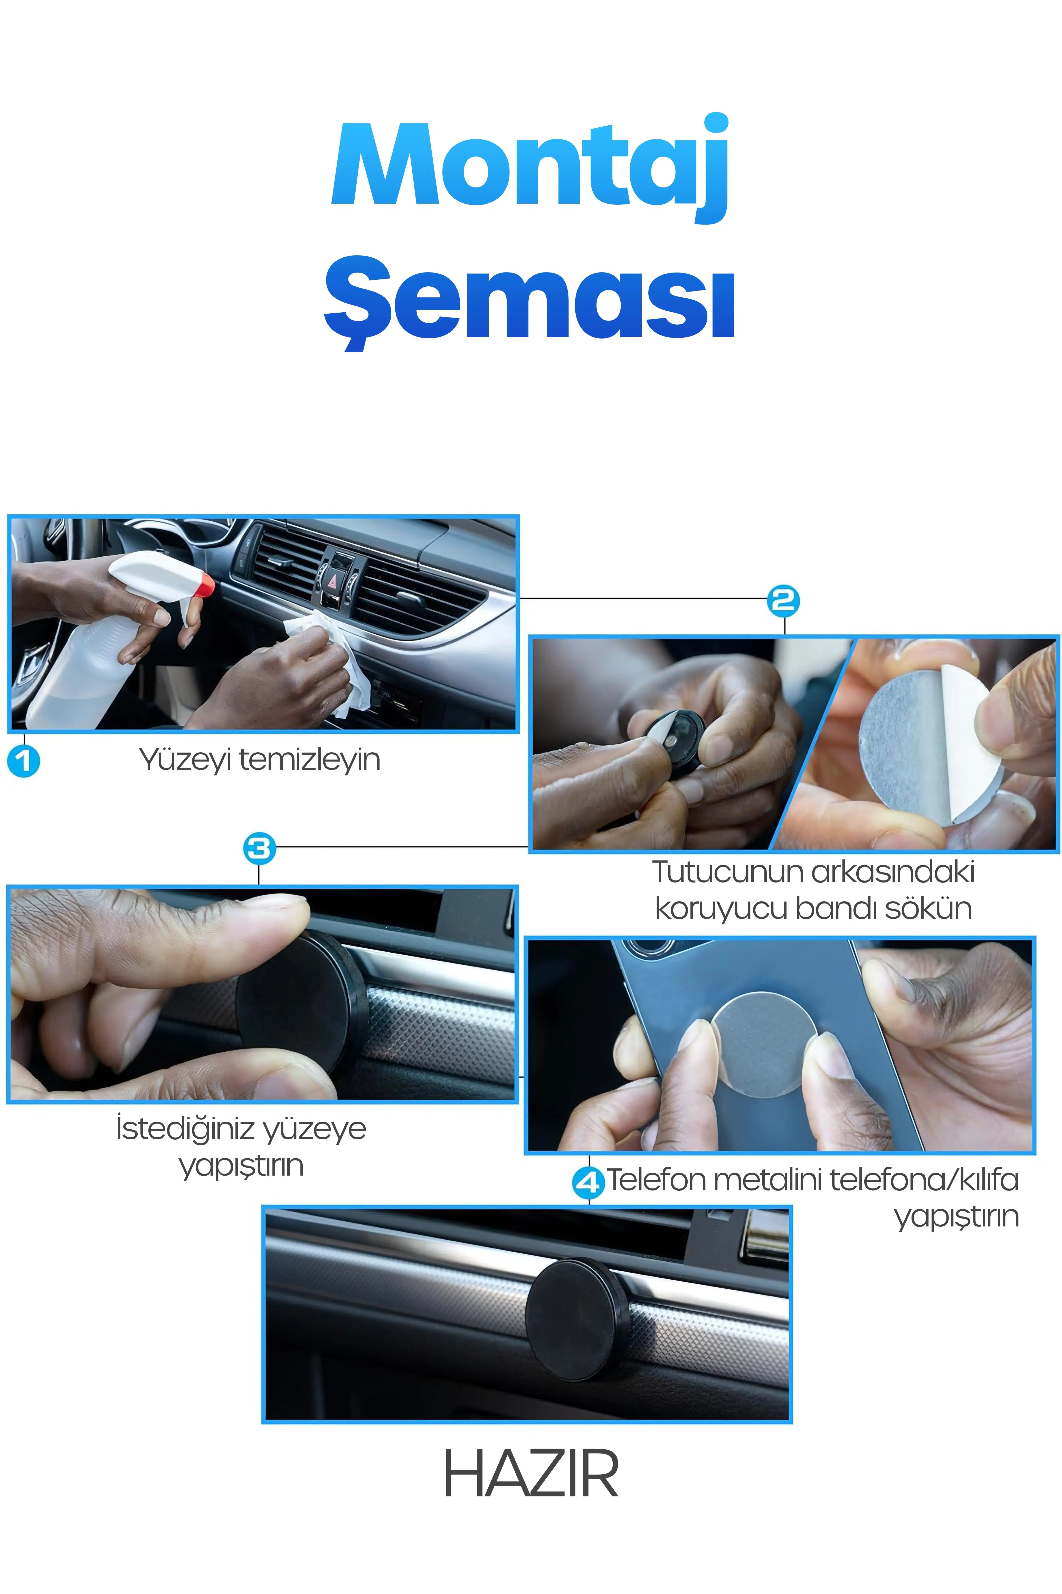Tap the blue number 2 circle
(784, 601)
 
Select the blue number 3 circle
(259, 848)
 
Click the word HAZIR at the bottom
(531, 1475)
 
